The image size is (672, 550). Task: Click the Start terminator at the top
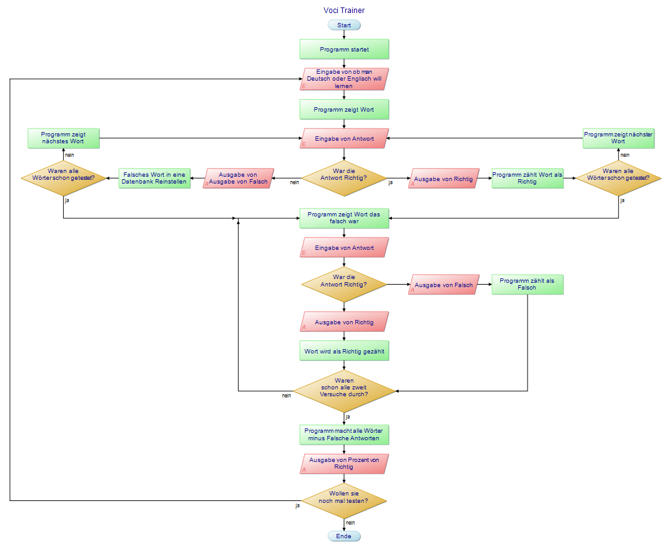(344, 25)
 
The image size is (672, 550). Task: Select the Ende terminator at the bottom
(344, 536)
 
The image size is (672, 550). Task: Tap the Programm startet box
(344, 49)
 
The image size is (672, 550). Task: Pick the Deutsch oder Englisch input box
(344, 79)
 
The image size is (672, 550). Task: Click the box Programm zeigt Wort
(344, 109)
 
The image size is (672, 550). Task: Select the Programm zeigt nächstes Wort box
(64, 138)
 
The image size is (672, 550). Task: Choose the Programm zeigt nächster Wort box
(618, 138)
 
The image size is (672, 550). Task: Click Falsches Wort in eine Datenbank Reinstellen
(154, 179)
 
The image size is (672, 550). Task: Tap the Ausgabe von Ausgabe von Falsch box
(239, 179)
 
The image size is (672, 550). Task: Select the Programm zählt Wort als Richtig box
(528, 179)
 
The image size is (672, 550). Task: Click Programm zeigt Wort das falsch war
(344, 218)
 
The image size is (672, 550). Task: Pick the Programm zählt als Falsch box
(528, 285)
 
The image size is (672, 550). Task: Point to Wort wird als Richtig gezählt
(344, 351)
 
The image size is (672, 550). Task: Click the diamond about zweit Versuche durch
(344, 391)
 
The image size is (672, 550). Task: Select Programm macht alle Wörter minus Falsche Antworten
(344, 435)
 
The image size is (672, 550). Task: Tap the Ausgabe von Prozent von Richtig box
(344, 464)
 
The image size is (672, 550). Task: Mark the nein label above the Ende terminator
(350, 523)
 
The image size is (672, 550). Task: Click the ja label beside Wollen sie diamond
(298, 505)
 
